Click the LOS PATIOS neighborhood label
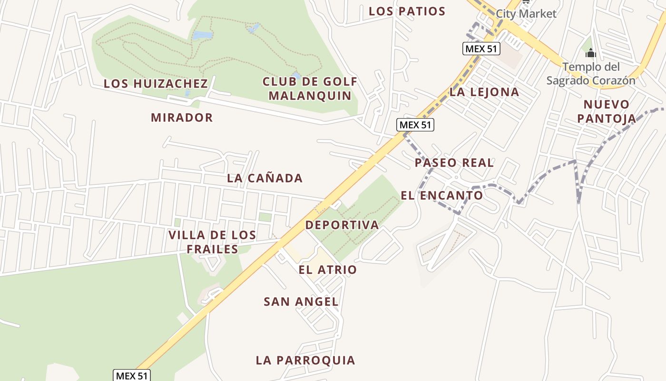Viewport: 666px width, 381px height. click(407, 11)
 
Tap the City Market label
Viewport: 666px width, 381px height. click(526, 13)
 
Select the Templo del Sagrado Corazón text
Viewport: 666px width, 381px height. click(590, 73)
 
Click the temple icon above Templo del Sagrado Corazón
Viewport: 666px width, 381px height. click(590, 52)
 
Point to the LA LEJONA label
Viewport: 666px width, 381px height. click(484, 92)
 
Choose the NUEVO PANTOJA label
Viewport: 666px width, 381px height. click(607, 111)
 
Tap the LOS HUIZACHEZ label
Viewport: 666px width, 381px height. click(156, 83)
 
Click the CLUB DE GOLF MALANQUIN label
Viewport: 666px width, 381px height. click(310, 89)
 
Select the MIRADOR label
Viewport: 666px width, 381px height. click(182, 117)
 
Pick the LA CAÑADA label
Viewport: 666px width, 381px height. click(264, 178)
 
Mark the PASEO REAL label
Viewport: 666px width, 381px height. click(454, 162)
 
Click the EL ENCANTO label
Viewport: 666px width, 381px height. click(441, 195)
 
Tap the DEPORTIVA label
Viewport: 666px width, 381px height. click(342, 225)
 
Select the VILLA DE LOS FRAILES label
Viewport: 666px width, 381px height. click(212, 242)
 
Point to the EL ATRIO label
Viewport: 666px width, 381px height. click(327, 270)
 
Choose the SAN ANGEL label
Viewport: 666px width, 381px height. click(301, 301)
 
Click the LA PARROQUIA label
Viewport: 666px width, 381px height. click(305, 360)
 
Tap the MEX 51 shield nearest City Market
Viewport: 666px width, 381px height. click(481, 49)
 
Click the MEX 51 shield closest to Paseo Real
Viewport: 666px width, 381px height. click(415, 125)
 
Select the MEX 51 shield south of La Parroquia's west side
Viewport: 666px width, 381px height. click(132, 375)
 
